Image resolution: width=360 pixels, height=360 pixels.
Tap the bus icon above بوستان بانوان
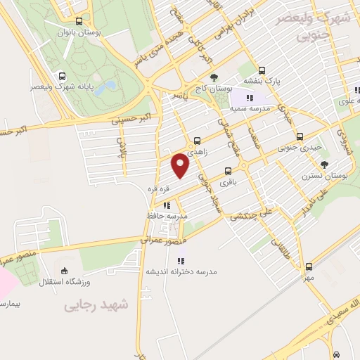78,21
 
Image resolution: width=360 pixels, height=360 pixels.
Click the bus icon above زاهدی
197,141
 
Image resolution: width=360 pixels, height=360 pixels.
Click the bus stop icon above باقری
227,171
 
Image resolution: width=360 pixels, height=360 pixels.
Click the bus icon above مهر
309,266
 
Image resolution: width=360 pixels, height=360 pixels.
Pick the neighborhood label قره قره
155,188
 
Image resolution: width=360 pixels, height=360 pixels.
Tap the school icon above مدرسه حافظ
167,205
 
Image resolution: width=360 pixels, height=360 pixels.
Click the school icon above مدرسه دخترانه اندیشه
181,260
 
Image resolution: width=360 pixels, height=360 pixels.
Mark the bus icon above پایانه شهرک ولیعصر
62,75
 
